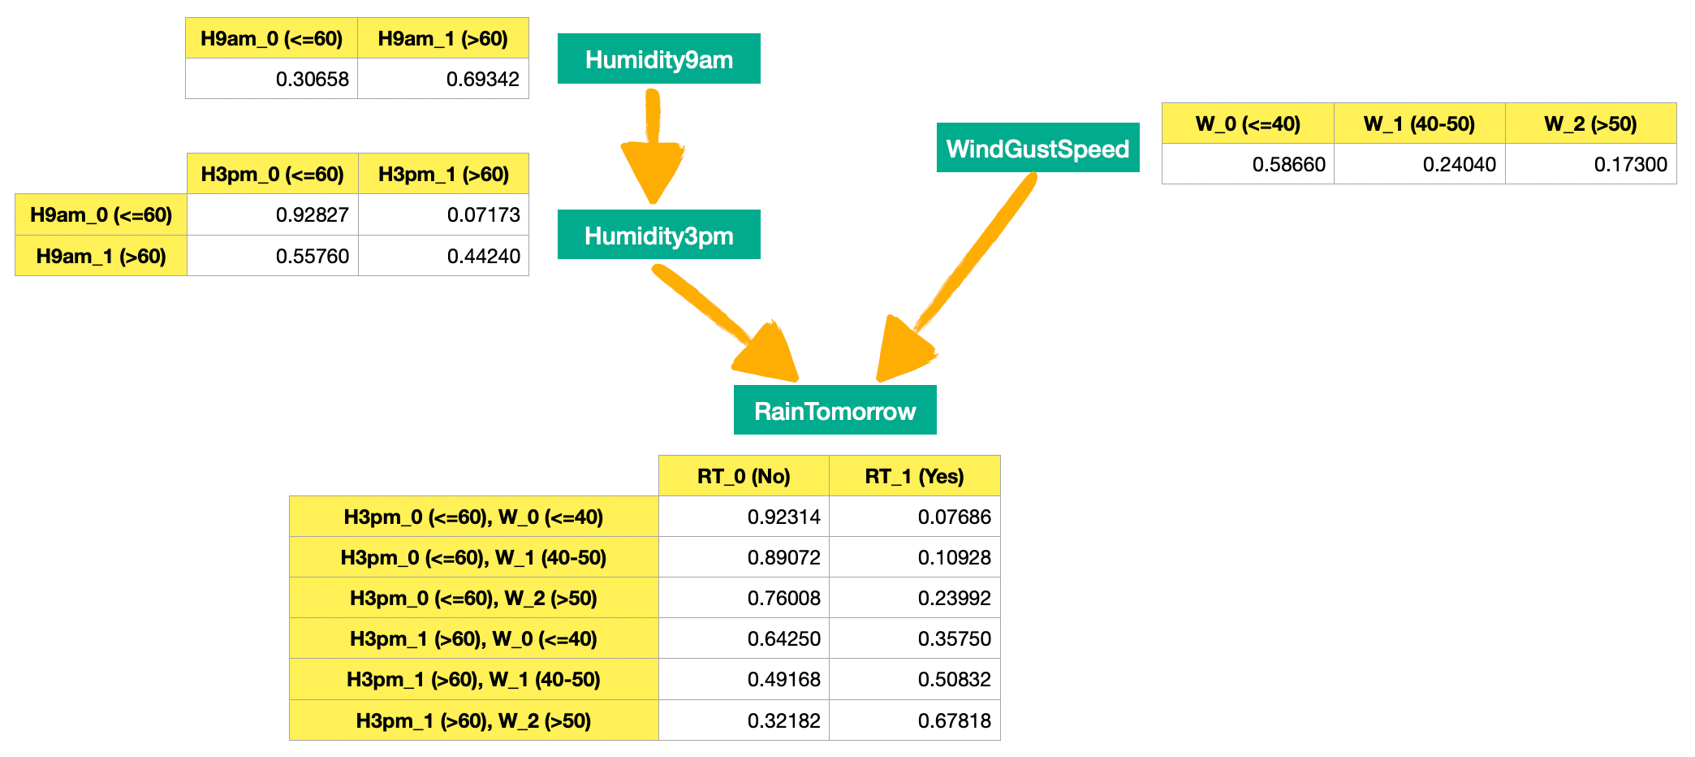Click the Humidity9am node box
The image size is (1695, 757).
658,58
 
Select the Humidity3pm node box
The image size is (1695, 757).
658,235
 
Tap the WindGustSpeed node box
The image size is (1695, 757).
1037,148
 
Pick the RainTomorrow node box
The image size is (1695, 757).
835,410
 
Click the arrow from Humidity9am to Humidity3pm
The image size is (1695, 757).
653,146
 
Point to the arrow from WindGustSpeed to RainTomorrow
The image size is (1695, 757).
966,272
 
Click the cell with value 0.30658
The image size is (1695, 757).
272,79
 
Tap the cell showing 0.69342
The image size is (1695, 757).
443,79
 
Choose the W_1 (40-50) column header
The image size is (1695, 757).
1420,123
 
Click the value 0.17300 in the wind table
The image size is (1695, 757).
1591,164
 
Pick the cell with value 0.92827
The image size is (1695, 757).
273,214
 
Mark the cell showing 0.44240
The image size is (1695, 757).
444,256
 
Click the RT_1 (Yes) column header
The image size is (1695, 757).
915,476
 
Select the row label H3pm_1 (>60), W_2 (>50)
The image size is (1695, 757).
474,720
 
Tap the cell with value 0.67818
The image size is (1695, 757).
915,720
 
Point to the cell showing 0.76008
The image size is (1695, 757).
744,598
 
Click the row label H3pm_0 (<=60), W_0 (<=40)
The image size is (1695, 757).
474,517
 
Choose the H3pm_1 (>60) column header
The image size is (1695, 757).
444,174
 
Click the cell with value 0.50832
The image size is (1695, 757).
915,679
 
